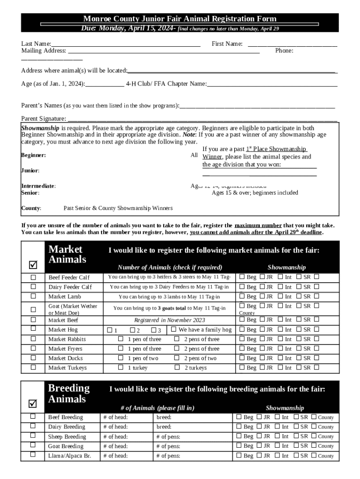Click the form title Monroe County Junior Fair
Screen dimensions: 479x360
click(x=180, y=19)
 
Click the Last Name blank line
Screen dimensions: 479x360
click(x=126, y=44)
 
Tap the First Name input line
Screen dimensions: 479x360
click(x=292, y=44)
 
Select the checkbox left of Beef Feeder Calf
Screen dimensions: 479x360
click(x=33, y=277)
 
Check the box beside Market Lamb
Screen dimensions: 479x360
click(x=33, y=296)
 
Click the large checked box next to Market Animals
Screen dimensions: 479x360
click(x=33, y=265)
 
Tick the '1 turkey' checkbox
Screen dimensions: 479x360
click(x=121, y=368)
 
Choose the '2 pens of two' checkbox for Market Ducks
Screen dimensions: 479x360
click(x=177, y=358)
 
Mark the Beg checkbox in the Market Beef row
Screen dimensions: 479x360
click(x=242, y=319)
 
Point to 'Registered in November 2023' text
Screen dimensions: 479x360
click(x=170, y=320)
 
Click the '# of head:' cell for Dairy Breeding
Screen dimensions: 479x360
click(x=115, y=427)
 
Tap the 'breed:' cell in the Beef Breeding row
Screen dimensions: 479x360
click(x=164, y=417)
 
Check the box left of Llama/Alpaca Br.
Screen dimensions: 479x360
click(x=33, y=454)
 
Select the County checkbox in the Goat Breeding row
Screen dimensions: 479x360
click(x=314, y=446)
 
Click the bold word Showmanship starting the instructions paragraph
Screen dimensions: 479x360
click(x=40, y=128)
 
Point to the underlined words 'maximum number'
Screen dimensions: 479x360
click(x=258, y=225)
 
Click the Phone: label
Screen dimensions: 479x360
click(x=284, y=51)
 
